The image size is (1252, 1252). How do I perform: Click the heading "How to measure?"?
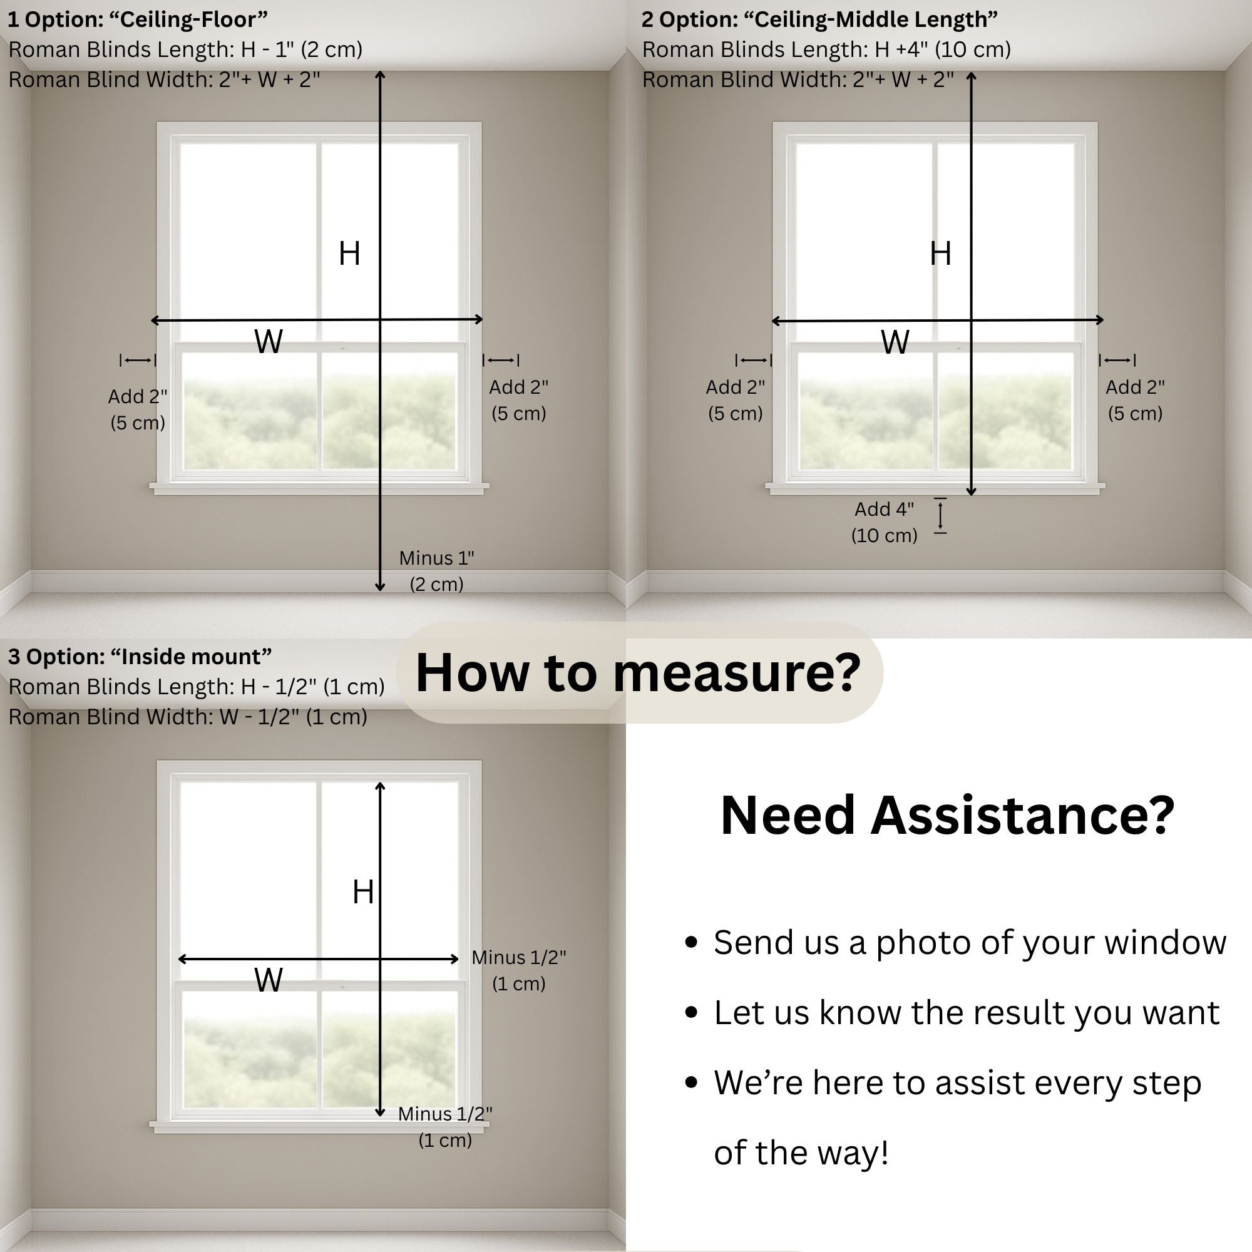tap(639, 673)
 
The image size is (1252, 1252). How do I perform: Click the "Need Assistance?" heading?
tap(947, 815)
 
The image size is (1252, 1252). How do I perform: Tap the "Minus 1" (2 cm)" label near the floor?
tap(436, 571)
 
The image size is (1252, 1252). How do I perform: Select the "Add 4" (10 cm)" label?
tap(884, 522)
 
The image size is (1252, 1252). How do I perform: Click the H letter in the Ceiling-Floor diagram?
tap(349, 254)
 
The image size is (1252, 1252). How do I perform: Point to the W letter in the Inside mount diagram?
tap(269, 980)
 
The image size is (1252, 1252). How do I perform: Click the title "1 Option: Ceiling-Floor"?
tap(137, 19)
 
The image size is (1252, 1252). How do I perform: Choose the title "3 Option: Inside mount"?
tap(140, 657)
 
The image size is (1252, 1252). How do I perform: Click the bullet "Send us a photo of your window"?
tap(970, 942)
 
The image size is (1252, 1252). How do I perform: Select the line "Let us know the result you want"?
tap(966, 1012)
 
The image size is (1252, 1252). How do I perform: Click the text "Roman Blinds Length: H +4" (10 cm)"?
tap(826, 49)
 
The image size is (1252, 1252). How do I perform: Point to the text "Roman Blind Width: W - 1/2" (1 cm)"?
tap(188, 717)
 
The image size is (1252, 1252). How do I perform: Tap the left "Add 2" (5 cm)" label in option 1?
tap(137, 409)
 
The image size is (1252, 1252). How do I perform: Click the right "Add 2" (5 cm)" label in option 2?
tap(1135, 400)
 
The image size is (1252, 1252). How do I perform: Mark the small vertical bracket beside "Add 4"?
tap(940, 516)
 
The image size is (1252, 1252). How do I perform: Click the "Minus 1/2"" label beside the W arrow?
tap(518, 970)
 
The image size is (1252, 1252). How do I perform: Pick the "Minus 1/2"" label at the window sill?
tap(444, 1126)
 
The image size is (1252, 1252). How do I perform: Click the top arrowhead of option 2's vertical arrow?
tap(971, 77)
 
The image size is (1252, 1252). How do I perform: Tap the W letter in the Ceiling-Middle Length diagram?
tap(895, 342)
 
